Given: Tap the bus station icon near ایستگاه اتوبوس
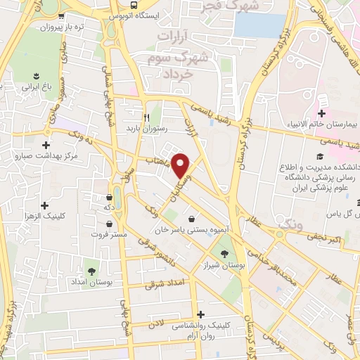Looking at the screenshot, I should coord(115,14).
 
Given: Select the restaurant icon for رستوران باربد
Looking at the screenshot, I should coord(147,117).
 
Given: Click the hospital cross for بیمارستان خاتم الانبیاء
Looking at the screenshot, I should coord(321,113).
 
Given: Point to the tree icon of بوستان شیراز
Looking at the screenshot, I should coord(224,254).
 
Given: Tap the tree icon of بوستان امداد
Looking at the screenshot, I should coord(91,269).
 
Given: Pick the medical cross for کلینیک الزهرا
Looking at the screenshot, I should coord(46,206).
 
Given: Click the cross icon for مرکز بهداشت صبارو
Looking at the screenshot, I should coord(46,144).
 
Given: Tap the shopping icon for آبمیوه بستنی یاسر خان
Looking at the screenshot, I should coord(192,218).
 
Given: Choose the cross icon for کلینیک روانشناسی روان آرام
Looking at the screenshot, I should coord(202,314).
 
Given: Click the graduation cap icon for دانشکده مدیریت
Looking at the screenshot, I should coord(319,156).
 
